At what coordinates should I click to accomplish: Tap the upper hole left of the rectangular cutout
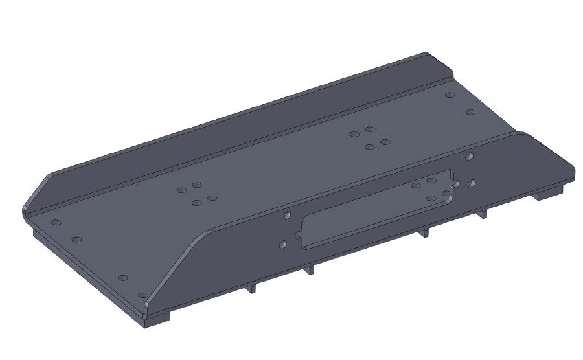[x=286, y=216]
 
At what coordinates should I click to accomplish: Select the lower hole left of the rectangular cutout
[x=282, y=245]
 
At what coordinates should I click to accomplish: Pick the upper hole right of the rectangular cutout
[x=468, y=156]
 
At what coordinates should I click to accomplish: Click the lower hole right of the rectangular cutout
[x=472, y=184]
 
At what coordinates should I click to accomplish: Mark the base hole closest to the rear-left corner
[x=56, y=222]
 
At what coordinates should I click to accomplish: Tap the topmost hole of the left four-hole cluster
[x=197, y=186]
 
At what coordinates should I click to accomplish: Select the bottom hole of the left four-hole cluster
[x=196, y=203]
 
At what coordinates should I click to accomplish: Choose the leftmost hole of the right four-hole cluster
[x=354, y=135]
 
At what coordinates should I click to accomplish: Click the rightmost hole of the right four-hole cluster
[x=385, y=141]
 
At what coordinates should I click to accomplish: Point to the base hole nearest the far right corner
[x=470, y=112]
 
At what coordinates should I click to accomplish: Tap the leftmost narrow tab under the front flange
[x=251, y=288]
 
